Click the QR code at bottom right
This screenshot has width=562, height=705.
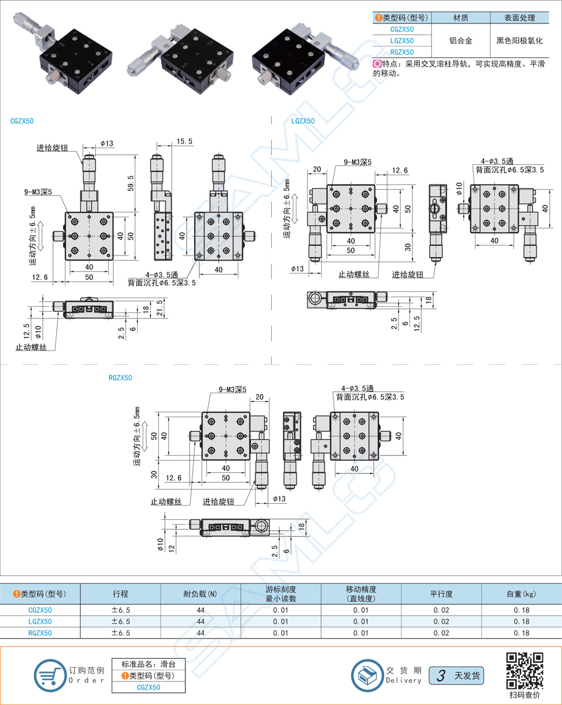coord(524,670)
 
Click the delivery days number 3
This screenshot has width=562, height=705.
coord(441,676)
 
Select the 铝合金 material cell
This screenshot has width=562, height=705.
coord(460,41)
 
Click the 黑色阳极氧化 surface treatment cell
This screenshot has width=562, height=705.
coord(519,41)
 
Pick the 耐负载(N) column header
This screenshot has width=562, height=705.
coord(200,594)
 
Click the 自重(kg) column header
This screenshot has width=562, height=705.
coord(521,594)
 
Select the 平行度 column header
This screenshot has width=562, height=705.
coord(441,594)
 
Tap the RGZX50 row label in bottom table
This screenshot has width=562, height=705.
coord(40,633)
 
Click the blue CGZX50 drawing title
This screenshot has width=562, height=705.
coord(22,121)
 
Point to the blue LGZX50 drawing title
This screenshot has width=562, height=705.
coord(303,121)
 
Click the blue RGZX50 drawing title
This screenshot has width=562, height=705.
coord(120,378)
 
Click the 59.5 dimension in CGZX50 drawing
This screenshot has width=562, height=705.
coord(130,182)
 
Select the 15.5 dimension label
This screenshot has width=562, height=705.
coord(184,141)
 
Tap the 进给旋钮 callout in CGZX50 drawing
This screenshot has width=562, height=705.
coord(52,148)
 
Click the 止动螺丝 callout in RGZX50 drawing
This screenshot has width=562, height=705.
coord(166,502)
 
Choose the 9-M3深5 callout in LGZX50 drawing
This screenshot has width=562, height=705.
coord(358,162)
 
